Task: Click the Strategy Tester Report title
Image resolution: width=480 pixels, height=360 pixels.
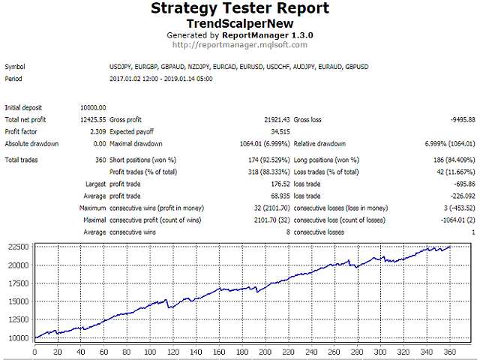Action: point(239,9)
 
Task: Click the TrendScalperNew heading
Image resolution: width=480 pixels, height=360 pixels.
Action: point(239,23)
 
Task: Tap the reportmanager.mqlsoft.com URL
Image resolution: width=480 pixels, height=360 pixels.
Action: point(239,44)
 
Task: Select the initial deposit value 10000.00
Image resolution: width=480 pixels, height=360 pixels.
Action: point(93,107)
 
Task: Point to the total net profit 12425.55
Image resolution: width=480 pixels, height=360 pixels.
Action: point(93,119)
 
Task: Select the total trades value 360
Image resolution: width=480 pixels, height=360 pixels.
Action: point(100,160)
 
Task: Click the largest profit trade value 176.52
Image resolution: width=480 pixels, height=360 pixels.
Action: point(277,184)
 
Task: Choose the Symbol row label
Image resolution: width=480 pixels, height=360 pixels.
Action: point(14,67)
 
